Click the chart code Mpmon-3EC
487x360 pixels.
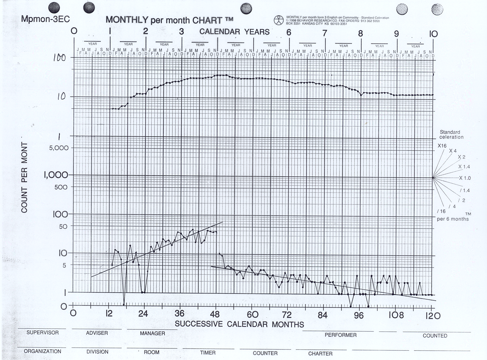[45, 19]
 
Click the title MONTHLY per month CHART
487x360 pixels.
[169, 20]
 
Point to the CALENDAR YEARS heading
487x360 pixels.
[234, 32]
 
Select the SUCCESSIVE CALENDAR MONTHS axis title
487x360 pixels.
[239, 324]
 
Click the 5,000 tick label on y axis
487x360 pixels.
[59, 148]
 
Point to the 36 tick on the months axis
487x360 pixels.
[179, 314]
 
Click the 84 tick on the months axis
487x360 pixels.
[322, 315]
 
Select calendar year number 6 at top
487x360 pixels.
[289, 32]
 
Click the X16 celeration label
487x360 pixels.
[442, 146]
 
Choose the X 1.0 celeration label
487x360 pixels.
[465, 178]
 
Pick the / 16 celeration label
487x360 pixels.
[441, 211]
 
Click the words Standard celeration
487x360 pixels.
[450, 134]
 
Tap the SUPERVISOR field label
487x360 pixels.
[43, 332]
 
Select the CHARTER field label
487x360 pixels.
[320, 353]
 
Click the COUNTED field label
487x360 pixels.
[435, 336]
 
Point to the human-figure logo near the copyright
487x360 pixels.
[278, 20]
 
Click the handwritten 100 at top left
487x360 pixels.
[59, 58]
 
